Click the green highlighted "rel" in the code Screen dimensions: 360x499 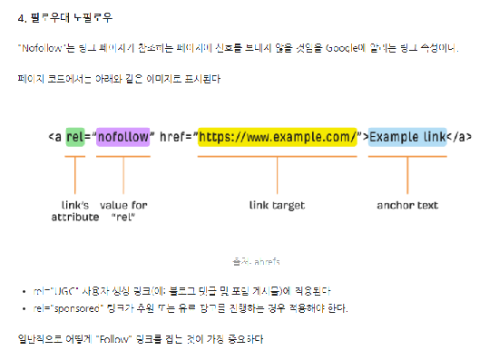coord(75,137)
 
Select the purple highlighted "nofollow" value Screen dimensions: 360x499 coord(122,137)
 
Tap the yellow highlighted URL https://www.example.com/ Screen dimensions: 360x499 coord(278,137)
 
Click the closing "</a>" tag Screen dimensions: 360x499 coord(460,137)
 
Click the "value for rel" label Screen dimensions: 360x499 coord(123,211)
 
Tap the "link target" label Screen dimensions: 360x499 coord(278,206)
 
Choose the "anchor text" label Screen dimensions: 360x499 coord(407,206)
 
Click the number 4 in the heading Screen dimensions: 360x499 coord(21,17)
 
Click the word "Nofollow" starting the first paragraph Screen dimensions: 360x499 coord(38,47)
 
